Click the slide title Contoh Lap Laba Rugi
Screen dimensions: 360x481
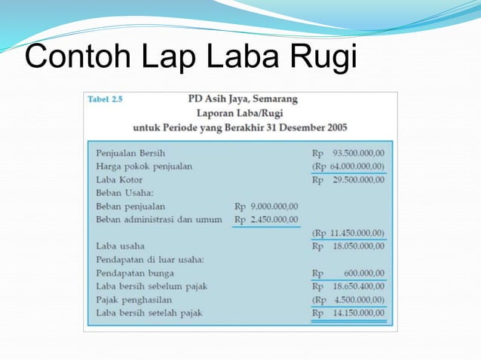(x=190, y=58)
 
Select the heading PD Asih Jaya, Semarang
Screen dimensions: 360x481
(x=242, y=99)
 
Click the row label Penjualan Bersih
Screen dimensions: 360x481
(x=126, y=152)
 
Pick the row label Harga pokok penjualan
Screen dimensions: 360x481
(x=144, y=166)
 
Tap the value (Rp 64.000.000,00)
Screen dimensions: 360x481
(x=348, y=166)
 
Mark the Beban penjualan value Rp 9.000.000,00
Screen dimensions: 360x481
(x=266, y=206)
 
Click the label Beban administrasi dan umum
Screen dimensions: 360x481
(x=159, y=219)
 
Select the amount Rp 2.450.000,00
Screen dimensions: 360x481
(x=266, y=219)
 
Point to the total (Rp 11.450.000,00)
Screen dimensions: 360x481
(x=348, y=233)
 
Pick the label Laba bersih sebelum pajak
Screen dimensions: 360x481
(x=152, y=286)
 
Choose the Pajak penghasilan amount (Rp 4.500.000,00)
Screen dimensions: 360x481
(x=348, y=300)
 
